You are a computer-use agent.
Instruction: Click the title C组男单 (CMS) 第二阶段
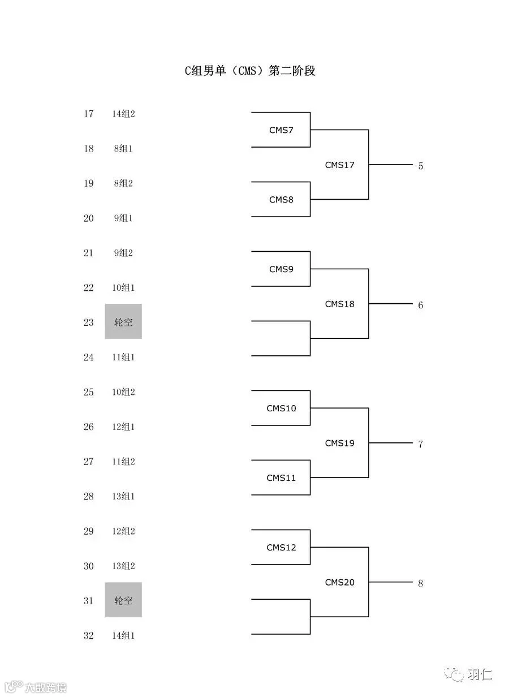point(250,71)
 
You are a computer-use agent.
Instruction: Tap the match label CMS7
point(281,130)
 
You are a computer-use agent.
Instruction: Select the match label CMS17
point(339,165)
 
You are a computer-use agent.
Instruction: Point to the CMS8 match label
point(281,200)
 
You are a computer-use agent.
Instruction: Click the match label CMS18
point(339,304)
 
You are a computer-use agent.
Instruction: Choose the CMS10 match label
point(281,408)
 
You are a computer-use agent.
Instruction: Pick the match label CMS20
point(339,582)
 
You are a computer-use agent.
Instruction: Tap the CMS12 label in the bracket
point(281,547)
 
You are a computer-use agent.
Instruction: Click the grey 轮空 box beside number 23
point(123,321)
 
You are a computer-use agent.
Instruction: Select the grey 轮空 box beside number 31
point(123,600)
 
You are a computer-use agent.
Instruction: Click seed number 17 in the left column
point(88,114)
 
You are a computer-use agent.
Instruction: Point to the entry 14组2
point(123,114)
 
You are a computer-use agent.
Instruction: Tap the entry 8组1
point(123,148)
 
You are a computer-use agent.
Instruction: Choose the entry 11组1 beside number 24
point(123,357)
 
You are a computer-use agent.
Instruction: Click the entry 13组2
point(123,566)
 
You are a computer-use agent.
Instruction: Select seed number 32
point(88,635)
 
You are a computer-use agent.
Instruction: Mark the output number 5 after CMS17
point(420,166)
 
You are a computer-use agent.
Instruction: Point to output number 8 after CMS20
point(420,583)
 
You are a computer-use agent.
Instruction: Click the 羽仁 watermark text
point(480,674)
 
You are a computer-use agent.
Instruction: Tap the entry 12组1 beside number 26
point(123,427)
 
